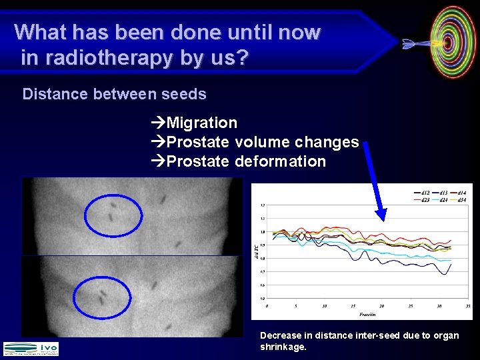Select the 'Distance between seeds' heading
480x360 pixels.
pos(114,94)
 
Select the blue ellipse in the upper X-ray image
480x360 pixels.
pos(113,213)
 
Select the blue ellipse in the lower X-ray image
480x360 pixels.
pos(102,297)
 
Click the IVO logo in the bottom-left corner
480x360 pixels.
pos(31,348)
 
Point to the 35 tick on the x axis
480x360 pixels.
pos(469,307)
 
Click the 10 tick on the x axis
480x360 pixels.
pos(324,307)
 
